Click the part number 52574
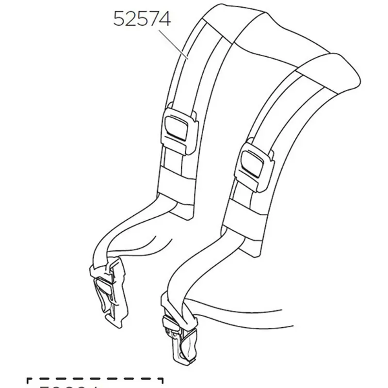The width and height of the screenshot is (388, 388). [142, 19]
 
